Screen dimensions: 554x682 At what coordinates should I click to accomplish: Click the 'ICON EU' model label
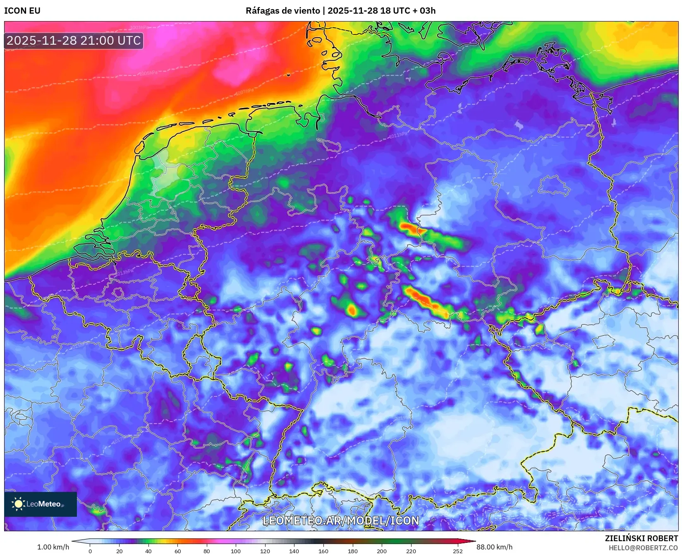(22, 11)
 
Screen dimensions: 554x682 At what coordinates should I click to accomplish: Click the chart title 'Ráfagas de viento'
(282, 11)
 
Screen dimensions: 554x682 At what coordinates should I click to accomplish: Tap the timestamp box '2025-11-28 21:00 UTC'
(74, 41)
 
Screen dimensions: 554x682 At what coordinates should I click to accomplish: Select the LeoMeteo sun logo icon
(18, 504)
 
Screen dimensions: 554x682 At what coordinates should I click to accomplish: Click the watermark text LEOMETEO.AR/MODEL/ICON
(341, 520)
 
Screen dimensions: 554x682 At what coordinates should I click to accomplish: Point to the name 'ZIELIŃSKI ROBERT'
(641, 538)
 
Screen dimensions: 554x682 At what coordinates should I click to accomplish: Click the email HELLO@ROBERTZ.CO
(643, 548)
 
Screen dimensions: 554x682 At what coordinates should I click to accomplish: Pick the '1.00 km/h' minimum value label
(53, 547)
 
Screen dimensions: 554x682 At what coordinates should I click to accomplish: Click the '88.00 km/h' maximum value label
(494, 547)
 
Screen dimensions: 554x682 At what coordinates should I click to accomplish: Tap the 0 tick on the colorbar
(90, 551)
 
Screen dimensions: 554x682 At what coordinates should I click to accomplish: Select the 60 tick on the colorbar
(178, 551)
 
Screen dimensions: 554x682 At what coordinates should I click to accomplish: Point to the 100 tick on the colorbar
(236, 551)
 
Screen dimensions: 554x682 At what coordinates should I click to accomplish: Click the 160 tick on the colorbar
(323, 551)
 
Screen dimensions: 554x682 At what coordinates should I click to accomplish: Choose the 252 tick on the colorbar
(458, 551)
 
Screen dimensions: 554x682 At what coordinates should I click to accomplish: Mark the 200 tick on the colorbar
(382, 551)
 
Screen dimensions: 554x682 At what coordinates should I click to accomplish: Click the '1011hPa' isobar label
(398, 135)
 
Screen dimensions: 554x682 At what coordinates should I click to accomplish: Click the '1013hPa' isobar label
(124, 272)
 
